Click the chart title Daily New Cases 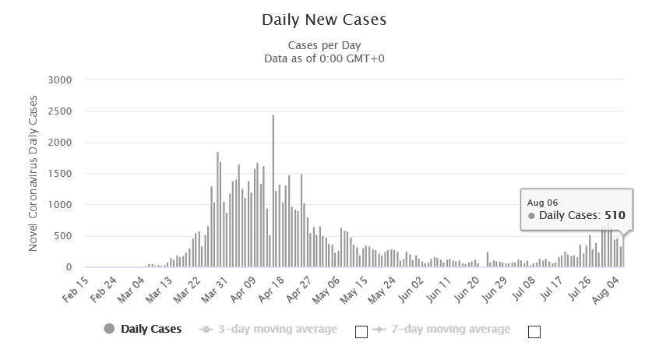(323, 18)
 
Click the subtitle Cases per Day (324, 44)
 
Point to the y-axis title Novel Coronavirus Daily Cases (33, 173)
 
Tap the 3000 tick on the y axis (60, 80)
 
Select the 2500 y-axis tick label (60, 111)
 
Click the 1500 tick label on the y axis (60, 174)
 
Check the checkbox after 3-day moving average (361, 332)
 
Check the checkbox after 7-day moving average (534, 332)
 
